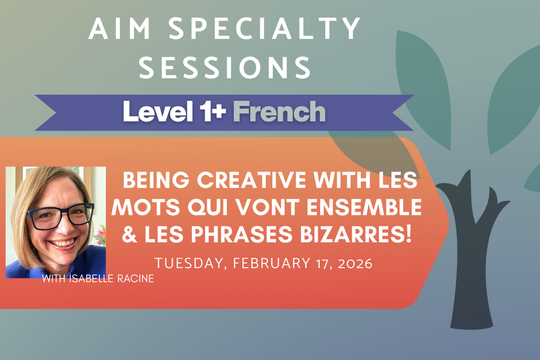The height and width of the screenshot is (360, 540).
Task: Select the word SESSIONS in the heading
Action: [225, 67]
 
